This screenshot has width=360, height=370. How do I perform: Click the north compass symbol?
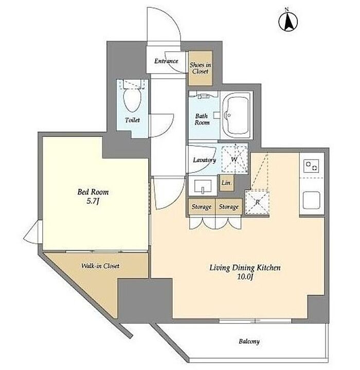tap(288, 21)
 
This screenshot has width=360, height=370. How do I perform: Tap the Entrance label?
tap(166, 61)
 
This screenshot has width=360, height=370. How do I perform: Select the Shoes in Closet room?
tap(201, 68)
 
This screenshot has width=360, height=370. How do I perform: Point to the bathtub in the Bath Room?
tap(237, 115)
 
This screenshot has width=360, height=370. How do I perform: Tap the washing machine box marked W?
tap(235, 159)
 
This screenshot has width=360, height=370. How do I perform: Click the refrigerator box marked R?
tap(257, 202)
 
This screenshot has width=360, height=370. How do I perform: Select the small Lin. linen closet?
tap(227, 183)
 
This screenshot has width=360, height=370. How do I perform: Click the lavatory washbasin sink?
tap(203, 186)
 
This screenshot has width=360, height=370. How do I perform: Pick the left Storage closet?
tap(202, 207)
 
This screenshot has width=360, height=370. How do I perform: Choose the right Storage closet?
tap(229, 207)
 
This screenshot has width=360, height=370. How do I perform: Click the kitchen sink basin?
tap(312, 200)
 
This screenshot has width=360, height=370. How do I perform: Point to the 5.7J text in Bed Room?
tap(93, 201)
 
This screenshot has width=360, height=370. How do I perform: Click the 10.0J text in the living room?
tap(245, 276)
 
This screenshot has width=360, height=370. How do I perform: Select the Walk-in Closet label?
tap(100, 266)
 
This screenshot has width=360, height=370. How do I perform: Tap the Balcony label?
tap(249, 342)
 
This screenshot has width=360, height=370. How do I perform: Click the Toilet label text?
tap(132, 120)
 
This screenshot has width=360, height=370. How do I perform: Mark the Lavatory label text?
tap(204, 160)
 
